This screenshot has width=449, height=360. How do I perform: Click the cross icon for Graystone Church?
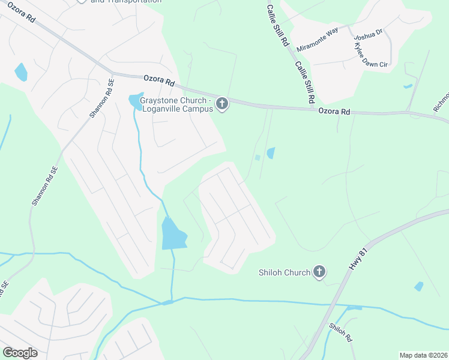tap(222, 104)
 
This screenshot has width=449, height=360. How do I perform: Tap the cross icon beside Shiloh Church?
tap(319, 272)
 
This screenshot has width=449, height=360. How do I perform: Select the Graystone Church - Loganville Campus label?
tap(173, 105)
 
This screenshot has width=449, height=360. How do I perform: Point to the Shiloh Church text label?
tap(285, 273)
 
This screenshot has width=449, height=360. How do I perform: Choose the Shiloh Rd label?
tap(341, 332)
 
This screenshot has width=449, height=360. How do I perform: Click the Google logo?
tap(20, 353)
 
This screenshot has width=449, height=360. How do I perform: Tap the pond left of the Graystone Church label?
tap(134, 102)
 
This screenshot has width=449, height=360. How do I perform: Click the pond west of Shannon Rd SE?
tap(21, 72)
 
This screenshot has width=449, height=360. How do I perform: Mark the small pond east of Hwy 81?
tap(418, 286)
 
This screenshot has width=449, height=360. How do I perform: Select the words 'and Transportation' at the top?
tap(125, 2)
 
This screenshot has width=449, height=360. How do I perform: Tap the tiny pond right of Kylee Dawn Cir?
tap(408, 86)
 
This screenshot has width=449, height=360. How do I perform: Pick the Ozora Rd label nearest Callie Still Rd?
tap(334, 111)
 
